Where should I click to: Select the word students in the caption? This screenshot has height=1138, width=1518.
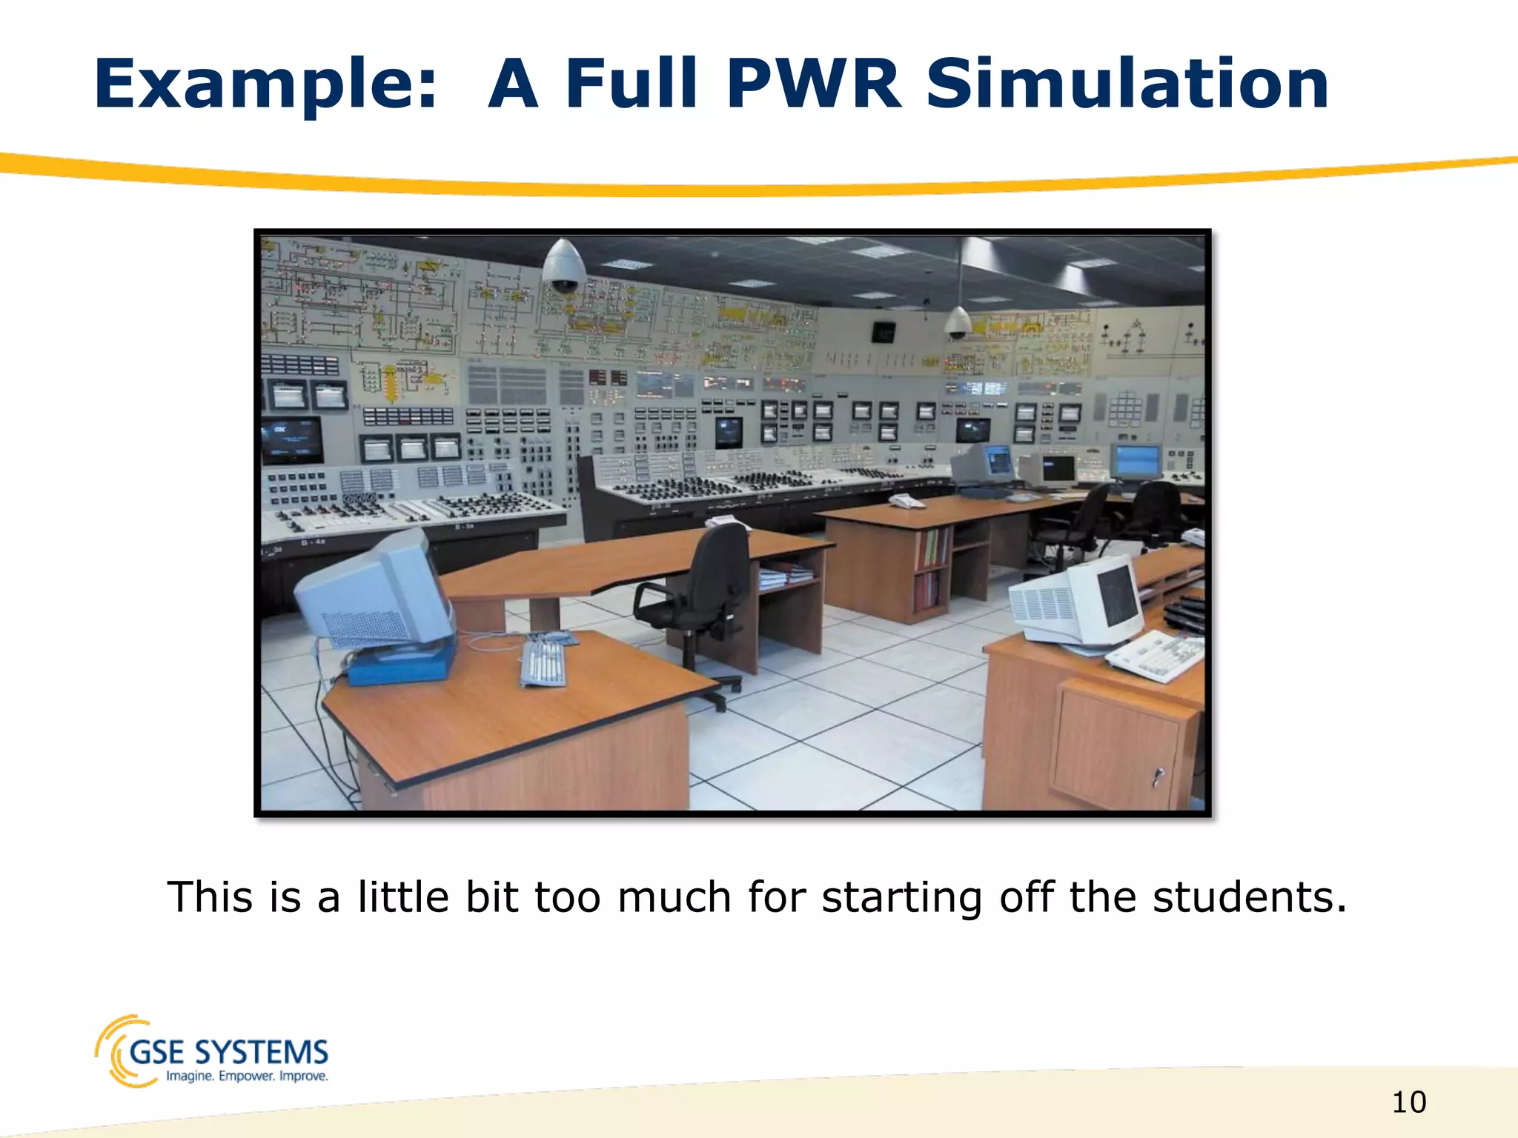point(1249,897)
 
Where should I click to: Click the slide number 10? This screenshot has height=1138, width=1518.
point(1408,1102)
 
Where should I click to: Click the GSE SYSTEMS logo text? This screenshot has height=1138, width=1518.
point(228,1052)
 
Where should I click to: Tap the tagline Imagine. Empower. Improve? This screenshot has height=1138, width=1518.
point(247,1076)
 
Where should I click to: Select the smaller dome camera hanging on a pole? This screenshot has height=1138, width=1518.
point(957,323)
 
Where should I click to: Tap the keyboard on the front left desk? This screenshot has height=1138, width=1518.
point(543,662)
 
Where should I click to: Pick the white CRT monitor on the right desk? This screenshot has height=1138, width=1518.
point(1078,602)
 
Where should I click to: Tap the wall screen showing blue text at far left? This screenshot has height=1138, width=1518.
point(291,439)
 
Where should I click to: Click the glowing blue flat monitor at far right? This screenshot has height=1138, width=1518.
point(1136,462)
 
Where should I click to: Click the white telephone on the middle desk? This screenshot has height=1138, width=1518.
point(906,502)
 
